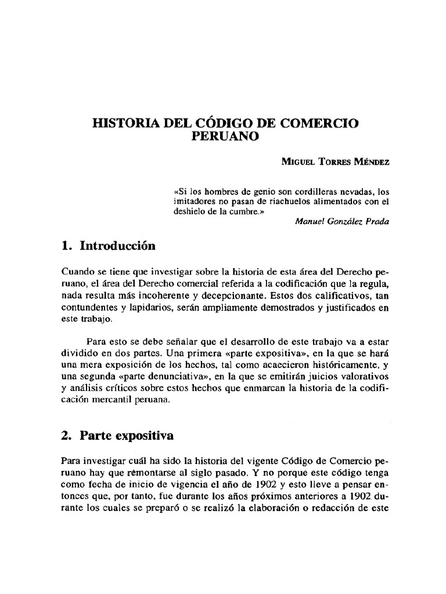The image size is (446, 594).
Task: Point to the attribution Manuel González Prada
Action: coord(343,222)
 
